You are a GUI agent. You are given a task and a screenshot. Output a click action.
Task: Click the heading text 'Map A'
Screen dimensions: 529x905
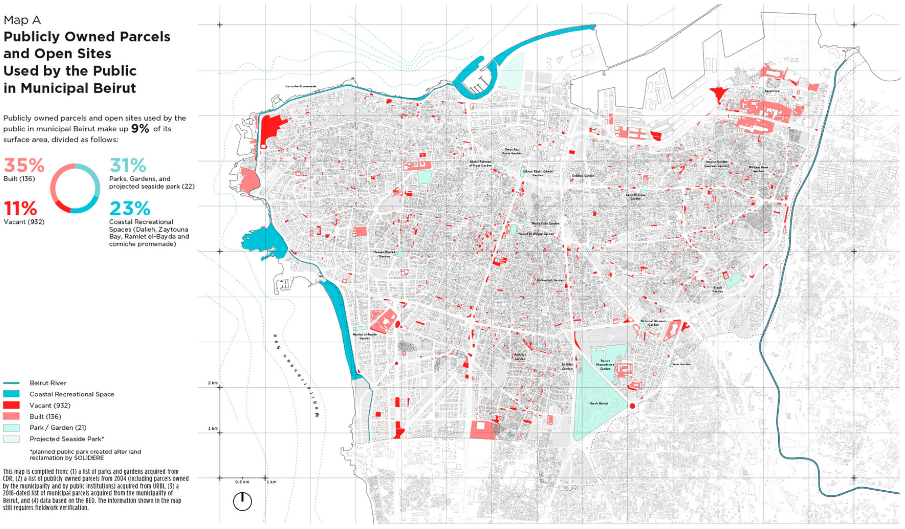(x=22, y=20)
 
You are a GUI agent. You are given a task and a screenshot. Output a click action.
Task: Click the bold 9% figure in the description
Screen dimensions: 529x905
(x=140, y=129)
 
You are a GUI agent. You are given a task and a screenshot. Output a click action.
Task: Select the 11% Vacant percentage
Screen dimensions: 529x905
(x=21, y=208)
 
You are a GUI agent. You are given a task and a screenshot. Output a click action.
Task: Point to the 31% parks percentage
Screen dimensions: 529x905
(x=128, y=166)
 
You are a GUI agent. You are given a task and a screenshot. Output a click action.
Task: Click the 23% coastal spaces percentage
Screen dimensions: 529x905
(x=130, y=208)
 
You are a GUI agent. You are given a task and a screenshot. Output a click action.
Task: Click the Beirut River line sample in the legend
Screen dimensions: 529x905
(x=11, y=383)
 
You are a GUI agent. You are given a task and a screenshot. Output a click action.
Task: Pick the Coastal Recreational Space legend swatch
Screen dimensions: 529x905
(x=11, y=394)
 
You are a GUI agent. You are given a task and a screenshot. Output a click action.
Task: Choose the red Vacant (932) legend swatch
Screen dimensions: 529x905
(x=11, y=405)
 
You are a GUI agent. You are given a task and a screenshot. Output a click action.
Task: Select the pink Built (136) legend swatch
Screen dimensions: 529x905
(x=11, y=416)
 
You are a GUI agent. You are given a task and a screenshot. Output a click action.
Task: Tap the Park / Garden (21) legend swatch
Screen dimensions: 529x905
(x=11, y=427)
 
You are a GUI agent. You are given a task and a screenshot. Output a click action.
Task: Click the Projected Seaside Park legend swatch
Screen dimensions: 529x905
(x=11, y=439)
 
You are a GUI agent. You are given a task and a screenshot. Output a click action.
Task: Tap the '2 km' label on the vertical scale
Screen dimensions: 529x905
(x=213, y=383)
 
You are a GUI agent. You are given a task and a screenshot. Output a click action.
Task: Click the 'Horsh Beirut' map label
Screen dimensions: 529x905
(x=599, y=403)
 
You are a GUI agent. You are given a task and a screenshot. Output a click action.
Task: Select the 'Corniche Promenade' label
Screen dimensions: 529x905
(x=301, y=86)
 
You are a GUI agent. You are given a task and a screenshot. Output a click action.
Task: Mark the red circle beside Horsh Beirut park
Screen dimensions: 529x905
(x=632, y=406)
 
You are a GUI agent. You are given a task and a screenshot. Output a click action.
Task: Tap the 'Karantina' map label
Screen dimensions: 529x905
(x=772, y=91)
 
